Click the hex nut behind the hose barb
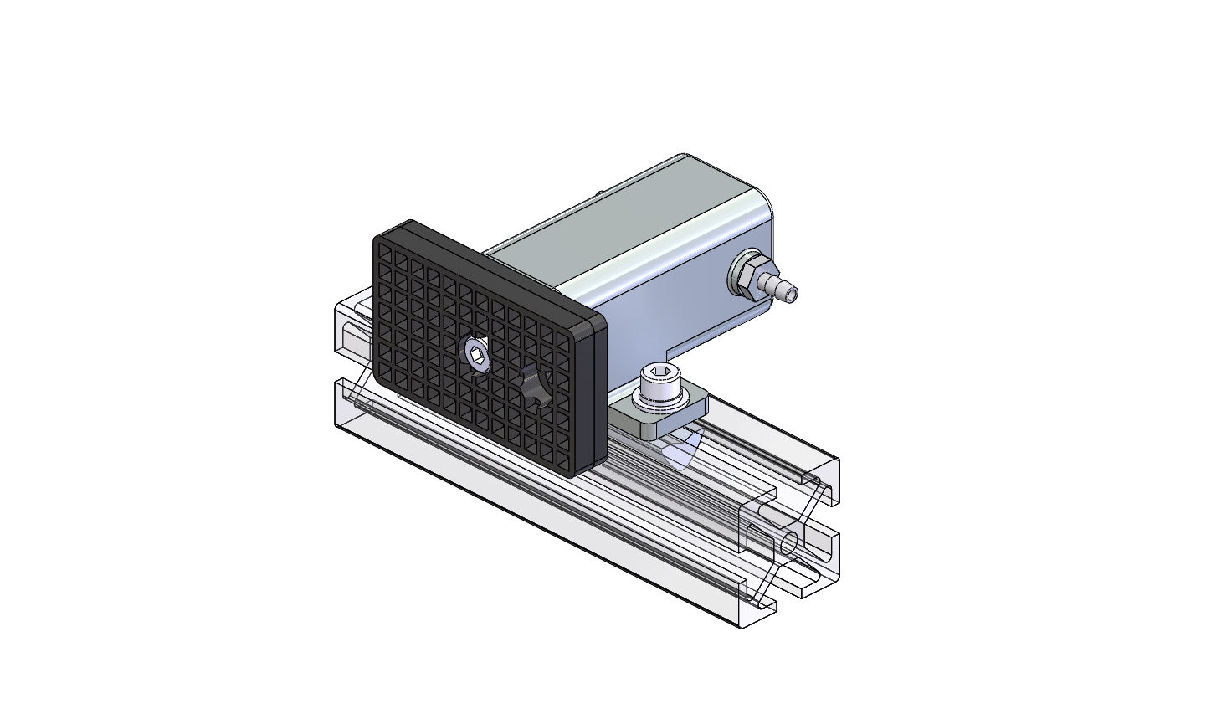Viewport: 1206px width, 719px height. (745, 274)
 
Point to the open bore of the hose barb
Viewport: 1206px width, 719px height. (792, 294)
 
